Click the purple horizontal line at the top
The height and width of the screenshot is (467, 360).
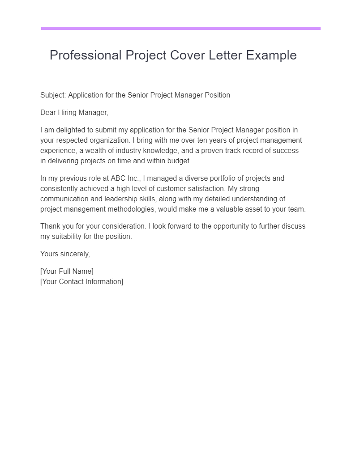[x=180, y=28]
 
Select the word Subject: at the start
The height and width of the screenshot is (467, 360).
[x=53, y=95]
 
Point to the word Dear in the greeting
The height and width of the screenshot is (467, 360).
[x=48, y=112]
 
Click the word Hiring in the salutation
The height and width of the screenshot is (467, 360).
[x=68, y=112]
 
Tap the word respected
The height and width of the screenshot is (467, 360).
[x=72, y=140]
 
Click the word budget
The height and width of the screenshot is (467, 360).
[x=179, y=161]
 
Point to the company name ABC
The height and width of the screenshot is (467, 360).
[x=119, y=178]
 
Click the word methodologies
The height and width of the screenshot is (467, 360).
[x=121, y=209]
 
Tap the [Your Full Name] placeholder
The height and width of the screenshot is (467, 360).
[x=67, y=271]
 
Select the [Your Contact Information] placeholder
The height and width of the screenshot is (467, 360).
[x=81, y=281]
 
